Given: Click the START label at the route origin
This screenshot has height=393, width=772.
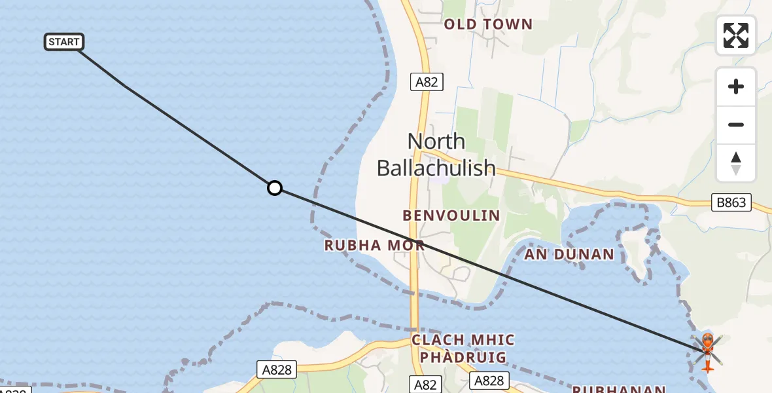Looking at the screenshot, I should (64, 42).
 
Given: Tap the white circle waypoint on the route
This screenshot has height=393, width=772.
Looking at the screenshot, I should (275, 189).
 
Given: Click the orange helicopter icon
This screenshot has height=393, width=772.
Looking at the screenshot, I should (707, 350).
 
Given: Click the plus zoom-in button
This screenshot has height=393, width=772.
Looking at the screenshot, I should (736, 86).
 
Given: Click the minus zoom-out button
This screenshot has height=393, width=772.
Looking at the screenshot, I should (736, 124).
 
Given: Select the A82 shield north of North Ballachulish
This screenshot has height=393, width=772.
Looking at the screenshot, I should (427, 82).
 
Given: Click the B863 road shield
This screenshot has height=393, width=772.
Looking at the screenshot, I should (731, 202).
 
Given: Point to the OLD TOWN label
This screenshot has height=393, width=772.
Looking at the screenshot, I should (488, 25).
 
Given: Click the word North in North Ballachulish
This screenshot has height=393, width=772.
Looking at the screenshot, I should (436, 141).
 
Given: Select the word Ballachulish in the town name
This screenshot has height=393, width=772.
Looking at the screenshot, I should (436, 168).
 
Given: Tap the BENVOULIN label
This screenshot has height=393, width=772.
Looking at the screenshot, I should (451, 215).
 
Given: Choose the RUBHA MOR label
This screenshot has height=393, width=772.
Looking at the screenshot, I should (374, 246).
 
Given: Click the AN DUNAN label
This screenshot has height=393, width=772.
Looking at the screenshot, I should (569, 254).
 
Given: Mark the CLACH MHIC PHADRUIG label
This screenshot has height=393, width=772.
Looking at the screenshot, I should (463, 348).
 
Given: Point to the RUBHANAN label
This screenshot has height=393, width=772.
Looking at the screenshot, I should (619, 389).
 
